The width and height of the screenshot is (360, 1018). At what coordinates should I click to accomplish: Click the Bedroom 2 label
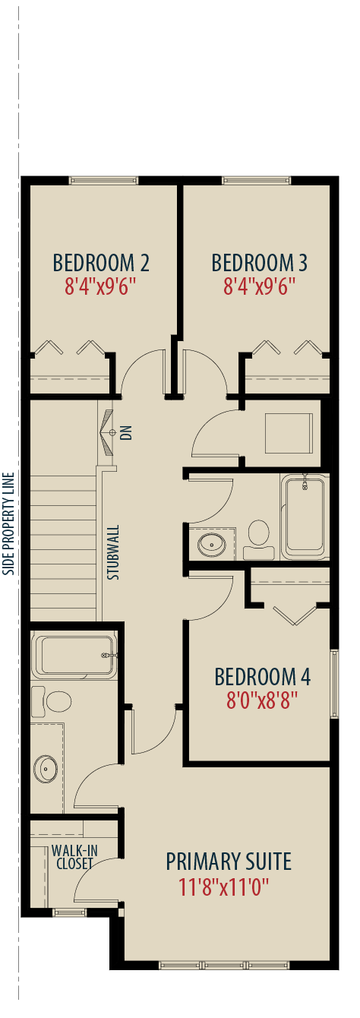(101, 263)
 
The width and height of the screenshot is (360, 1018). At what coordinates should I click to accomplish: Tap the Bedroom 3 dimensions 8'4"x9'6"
(260, 286)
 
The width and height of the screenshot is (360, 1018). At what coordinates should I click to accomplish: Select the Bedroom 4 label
(263, 677)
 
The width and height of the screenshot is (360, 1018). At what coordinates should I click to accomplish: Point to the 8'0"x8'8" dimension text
(262, 700)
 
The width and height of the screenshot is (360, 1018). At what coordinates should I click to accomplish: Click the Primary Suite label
(229, 862)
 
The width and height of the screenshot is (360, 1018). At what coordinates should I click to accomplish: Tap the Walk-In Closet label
(74, 857)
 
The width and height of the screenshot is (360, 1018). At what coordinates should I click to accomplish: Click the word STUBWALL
(114, 552)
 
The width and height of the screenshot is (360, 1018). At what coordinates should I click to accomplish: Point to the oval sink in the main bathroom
(211, 544)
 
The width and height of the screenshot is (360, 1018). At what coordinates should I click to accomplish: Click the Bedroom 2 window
(103, 180)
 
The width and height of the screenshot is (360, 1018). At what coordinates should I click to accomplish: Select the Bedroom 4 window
(334, 684)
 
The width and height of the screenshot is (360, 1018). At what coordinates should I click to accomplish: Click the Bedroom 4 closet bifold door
(295, 615)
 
